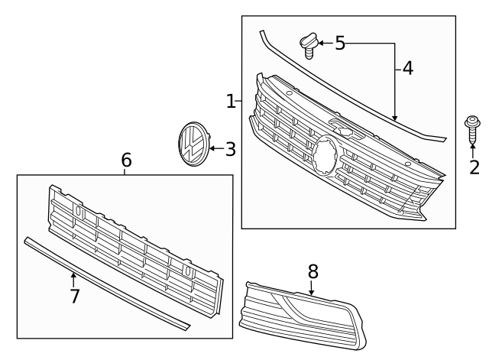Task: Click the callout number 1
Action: (x=231, y=102)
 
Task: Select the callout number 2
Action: (x=474, y=167)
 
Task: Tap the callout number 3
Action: (x=230, y=149)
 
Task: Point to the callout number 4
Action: (x=407, y=69)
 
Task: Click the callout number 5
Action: (x=340, y=44)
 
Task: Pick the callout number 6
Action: (x=126, y=161)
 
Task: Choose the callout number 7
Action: (x=74, y=296)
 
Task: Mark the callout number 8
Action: (x=313, y=271)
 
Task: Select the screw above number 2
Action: (x=473, y=129)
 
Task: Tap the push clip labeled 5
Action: (x=308, y=44)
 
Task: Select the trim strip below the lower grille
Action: (x=107, y=284)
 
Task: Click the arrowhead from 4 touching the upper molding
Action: (x=395, y=118)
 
